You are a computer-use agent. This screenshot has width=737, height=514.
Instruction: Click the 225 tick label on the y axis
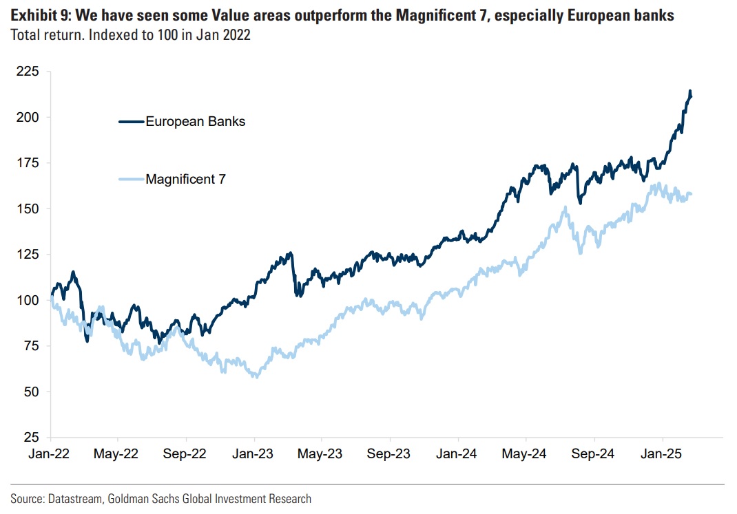point(30,72)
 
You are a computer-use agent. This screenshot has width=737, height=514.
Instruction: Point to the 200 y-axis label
point(30,117)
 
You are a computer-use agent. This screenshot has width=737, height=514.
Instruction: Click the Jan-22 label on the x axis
point(50,454)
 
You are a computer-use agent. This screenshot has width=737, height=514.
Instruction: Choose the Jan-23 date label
point(254,454)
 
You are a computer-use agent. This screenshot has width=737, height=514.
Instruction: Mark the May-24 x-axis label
point(526,454)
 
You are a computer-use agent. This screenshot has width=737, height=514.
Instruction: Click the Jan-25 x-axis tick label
point(663,454)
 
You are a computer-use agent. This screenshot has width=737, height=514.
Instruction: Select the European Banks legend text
point(195,122)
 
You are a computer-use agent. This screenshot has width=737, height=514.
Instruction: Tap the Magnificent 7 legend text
point(185,180)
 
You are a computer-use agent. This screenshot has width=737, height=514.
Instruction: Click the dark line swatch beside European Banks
point(131,122)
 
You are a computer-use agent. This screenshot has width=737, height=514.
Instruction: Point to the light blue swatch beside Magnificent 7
point(131,180)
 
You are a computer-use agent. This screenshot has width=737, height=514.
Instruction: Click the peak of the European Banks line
point(690,92)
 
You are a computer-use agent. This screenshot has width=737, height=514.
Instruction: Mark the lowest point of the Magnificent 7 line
point(256,376)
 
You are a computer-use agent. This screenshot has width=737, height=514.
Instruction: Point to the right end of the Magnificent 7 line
point(691,194)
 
